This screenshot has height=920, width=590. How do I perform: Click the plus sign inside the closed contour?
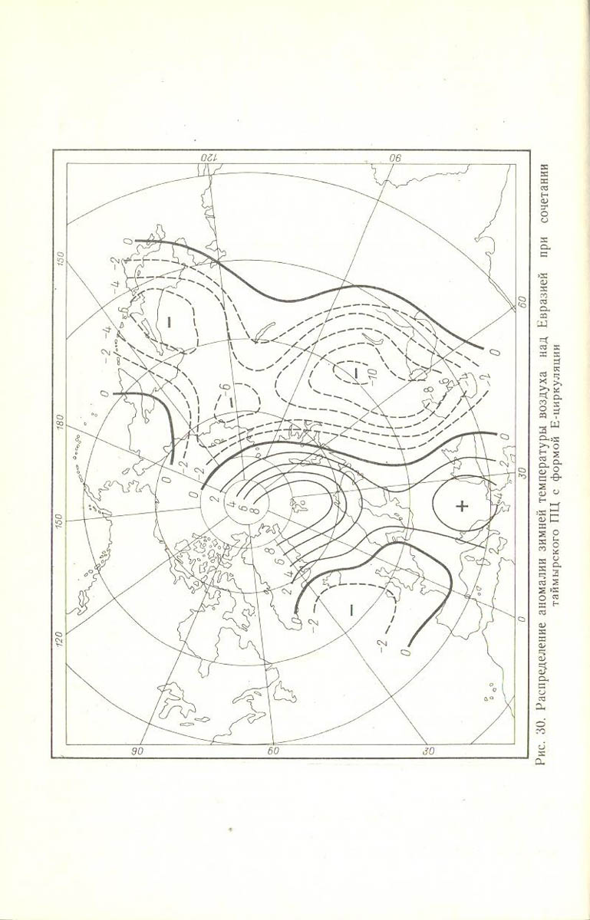pyautogui.click(x=462, y=505)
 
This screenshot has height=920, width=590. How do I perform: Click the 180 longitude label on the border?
pyautogui.click(x=59, y=421)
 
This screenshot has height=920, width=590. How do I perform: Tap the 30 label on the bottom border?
pyautogui.click(x=428, y=751)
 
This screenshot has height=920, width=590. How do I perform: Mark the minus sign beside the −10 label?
pyautogui.click(x=356, y=373)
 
